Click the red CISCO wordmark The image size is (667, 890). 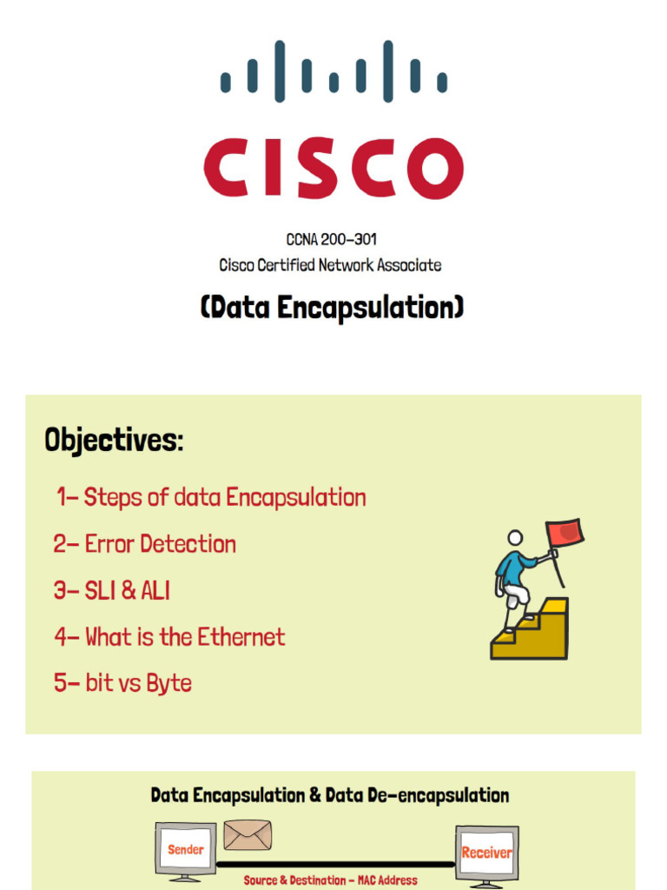tap(333, 168)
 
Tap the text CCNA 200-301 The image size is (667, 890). tap(332, 239)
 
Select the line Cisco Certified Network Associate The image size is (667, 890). tap(330, 265)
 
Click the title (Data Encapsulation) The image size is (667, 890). tap(332, 308)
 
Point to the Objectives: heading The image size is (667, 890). tap(114, 441)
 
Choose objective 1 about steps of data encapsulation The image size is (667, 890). tap(211, 498)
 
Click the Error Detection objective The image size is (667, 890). tap(144, 545)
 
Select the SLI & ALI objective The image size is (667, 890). tap(111, 592)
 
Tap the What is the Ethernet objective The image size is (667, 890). tap(169, 638)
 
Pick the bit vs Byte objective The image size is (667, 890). tap(122, 684)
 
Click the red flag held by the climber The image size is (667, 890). tap(565, 531)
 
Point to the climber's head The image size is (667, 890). tap(515, 538)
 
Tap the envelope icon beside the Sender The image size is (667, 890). tap(248, 835)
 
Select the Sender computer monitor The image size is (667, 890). tap(185, 849)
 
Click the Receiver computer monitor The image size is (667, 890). tap(486, 853)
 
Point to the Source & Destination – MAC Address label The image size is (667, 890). tap(330, 880)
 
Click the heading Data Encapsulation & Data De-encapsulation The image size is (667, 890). tap(330, 795)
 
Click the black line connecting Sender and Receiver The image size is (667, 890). tap(335, 865)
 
